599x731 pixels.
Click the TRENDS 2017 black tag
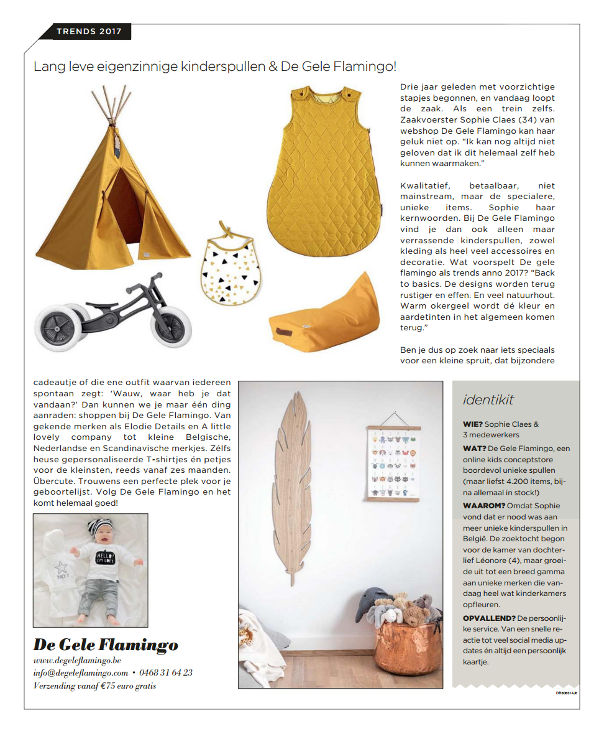pyautogui.click(x=89, y=31)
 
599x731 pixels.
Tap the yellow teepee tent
pyautogui.click(x=112, y=205)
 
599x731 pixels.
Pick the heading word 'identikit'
pyautogui.click(x=488, y=400)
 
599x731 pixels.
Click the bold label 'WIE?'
pyautogui.click(x=472, y=424)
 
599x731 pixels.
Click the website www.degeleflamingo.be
pyautogui.click(x=77, y=660)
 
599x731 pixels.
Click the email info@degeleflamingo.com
pyautogui.click(x=81, y=673)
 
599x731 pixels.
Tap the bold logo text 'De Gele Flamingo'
pyautogui.click(x=106, y=644)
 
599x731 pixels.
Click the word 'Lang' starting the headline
pyautogui.click(x=48, y=66)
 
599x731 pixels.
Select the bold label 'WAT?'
pyautogui.click(x=474, y=449)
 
